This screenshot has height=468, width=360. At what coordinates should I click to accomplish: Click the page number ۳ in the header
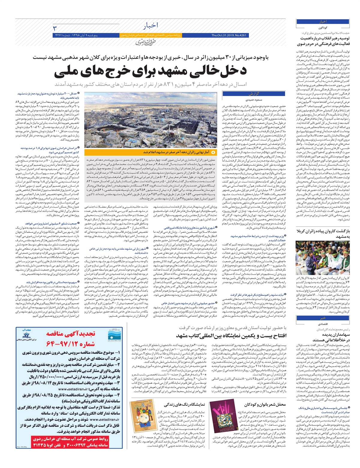click(x=55, y=28)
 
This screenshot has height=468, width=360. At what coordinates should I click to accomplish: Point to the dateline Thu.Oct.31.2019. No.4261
click(x=229, y=35)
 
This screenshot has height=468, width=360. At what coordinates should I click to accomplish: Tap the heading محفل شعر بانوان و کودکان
click(x=265, y=405)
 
